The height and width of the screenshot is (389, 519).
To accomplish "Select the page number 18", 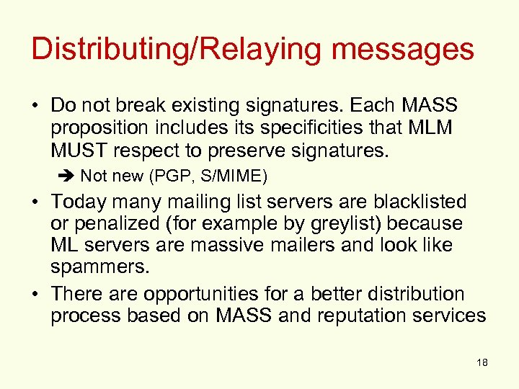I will point(482,362).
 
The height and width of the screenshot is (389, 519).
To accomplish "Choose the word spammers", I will point(99,267).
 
